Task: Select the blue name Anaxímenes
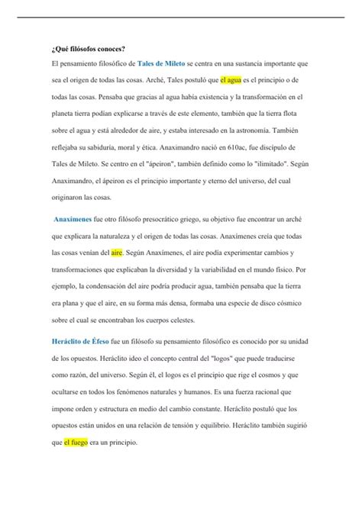point(77,217)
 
